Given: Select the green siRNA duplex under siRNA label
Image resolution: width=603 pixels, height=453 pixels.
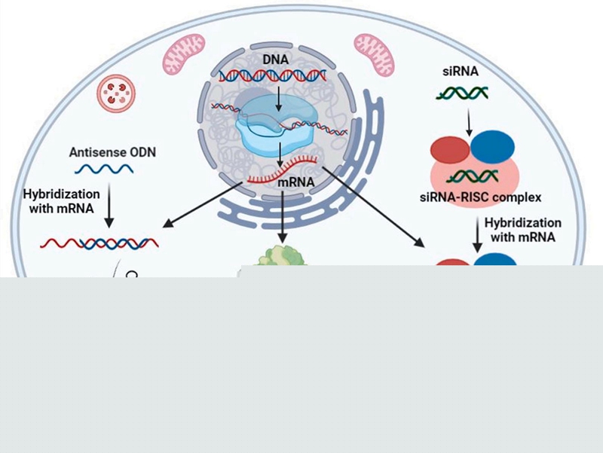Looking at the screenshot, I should pos(462,93).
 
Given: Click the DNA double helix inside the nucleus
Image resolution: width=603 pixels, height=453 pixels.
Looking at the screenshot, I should pos(272,75).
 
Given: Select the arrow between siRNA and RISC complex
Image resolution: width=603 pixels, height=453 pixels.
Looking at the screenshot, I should pos(467,121).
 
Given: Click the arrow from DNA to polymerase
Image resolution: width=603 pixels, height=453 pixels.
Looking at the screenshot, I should pos(277,96).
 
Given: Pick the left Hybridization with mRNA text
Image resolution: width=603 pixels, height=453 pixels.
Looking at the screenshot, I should pos(62,201).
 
